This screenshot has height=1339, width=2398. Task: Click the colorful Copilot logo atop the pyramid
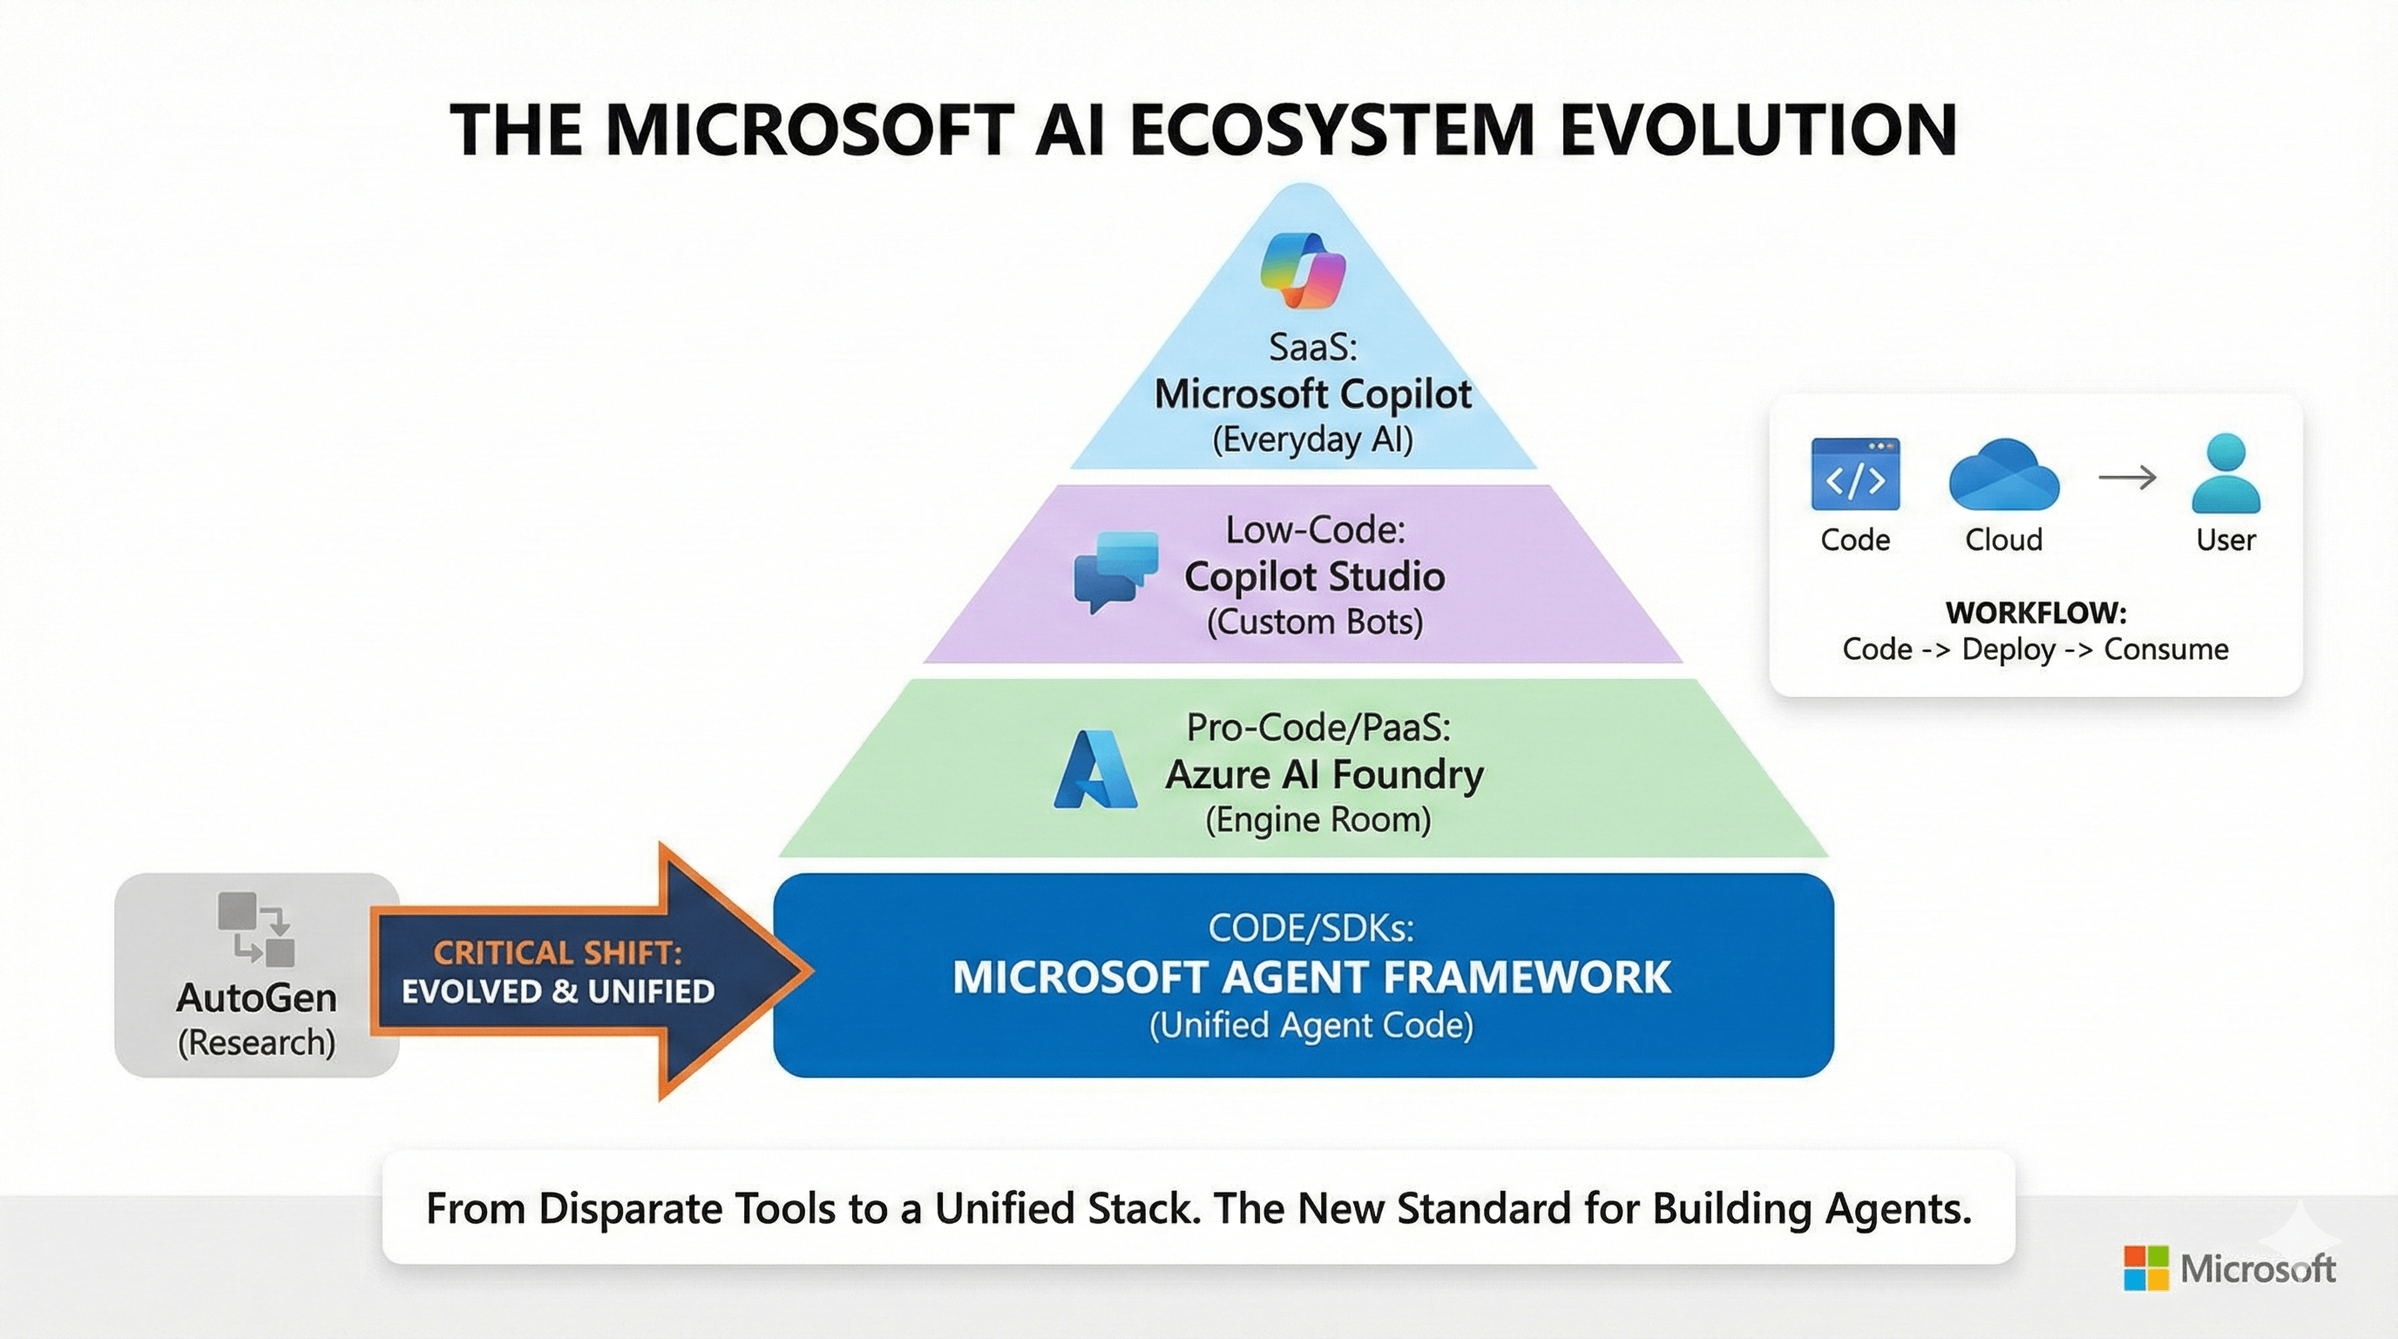(x=1304, y=269)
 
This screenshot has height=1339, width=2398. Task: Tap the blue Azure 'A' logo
(x=1094, y=770)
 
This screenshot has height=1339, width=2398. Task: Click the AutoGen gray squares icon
(x=256, y=928)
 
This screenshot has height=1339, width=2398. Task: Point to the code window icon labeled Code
(x=1854, y=475)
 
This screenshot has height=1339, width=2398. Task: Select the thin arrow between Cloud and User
(x=2127, y=478)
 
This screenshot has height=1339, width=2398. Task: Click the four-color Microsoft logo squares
(x=2145, y=1268)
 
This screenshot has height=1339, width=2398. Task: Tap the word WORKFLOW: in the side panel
(x=2035, y=613)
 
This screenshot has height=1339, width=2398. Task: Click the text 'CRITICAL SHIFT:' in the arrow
(x=558, y=953)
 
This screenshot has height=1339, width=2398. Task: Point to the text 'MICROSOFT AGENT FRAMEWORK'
(x=1311, y=976)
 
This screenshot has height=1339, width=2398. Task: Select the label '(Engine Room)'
(x=1318, y=819)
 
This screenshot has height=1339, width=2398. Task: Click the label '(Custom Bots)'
(x=1314, y=622)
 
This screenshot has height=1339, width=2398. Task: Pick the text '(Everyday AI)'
(x=1311, y=439)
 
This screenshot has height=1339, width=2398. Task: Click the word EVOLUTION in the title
(x=1758, y=131)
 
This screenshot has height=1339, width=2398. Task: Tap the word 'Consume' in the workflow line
(x=2165, y=649)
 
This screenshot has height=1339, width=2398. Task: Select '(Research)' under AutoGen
(x=256, y=1042)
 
